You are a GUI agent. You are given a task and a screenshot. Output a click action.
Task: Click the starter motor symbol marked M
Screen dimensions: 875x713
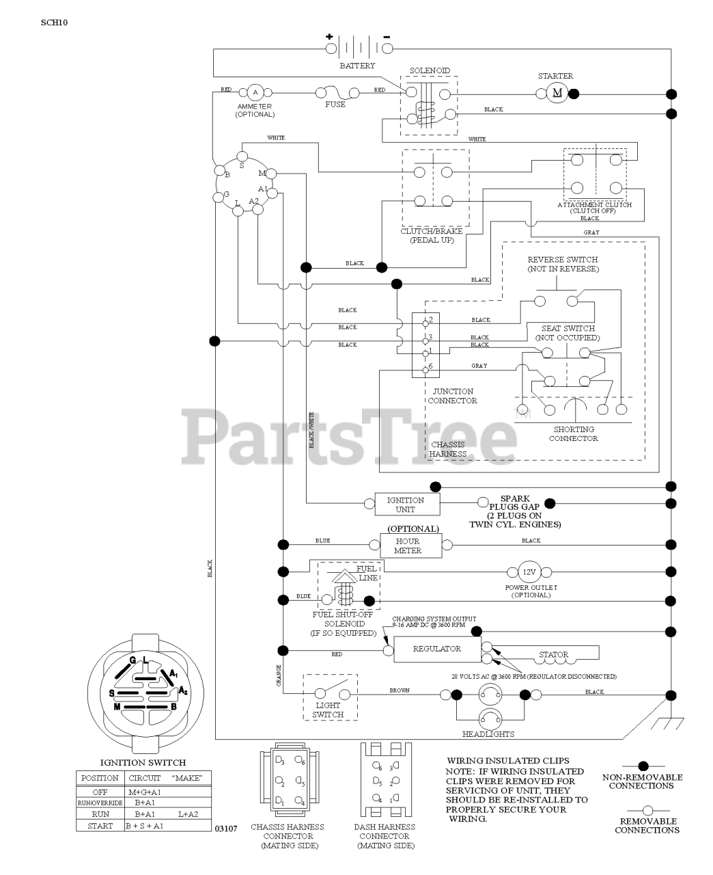coord(557,93)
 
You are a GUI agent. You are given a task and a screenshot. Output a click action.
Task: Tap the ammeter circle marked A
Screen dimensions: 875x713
coord(255,92)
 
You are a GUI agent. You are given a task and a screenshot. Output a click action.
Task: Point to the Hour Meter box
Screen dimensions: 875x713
coord(408,545)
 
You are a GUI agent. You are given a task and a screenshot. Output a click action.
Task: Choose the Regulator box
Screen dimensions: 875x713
coord(437,649)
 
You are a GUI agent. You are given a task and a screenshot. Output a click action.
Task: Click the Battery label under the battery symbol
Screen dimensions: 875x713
coord(357,66)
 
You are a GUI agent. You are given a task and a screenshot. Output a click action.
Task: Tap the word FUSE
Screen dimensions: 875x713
coord(335,105)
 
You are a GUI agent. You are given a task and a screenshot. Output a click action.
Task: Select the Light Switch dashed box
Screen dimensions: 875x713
coord(331,697)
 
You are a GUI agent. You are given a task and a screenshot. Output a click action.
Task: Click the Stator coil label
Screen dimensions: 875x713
coord(553,654)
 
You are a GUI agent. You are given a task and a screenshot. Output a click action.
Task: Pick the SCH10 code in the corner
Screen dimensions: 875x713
coord(54,21)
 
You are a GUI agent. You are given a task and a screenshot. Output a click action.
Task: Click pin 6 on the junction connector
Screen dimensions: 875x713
coord(425,368)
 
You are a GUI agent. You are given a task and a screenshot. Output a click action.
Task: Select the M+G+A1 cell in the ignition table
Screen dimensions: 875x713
coord(144,792)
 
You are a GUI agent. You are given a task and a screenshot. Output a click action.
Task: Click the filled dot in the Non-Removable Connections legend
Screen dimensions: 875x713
coord(642,765)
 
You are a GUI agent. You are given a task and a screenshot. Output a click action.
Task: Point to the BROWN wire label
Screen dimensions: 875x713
coord(400,690)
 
